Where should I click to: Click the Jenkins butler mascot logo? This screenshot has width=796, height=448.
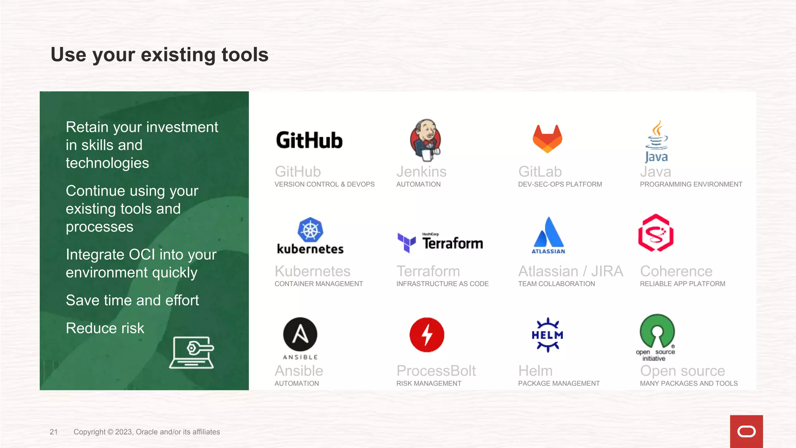point(426,140)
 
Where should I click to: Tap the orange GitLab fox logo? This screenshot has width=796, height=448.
point(547,139)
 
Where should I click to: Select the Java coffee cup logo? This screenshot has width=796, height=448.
point(657,141)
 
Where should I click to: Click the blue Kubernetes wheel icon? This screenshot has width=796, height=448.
point(310,230)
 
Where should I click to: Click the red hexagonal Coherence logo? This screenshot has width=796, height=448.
point(656,233)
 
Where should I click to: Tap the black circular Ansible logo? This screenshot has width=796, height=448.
point(300,334)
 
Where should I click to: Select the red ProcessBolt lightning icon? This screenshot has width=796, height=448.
point(427,335)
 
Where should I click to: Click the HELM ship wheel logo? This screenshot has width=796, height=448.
point(547,335)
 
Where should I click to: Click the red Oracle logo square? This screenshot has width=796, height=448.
point(746,431)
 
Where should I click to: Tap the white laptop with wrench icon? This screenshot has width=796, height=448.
point(192,352)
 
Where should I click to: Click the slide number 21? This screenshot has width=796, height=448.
point(54,432)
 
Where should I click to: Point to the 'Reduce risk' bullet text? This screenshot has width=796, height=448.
point(105,328)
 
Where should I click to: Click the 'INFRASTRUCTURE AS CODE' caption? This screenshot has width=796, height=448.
point(442,284)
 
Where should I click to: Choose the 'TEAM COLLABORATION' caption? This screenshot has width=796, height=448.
point(556,284)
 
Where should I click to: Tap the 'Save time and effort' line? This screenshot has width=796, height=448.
point(132,300)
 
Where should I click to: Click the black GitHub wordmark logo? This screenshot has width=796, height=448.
point(309,140)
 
